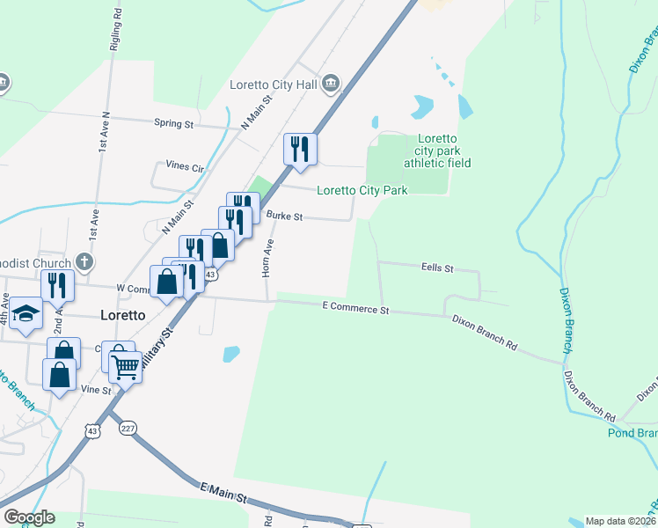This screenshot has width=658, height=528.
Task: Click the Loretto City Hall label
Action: (x=273, y=84)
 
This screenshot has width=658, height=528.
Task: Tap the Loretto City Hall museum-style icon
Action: (x=331, y=84)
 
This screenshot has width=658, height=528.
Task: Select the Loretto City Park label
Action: (x=362, y=190)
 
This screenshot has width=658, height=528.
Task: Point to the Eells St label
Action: (x=436, y=267)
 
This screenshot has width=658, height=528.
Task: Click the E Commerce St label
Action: (x=355, y=310)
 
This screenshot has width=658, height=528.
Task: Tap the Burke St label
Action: (x=284, y=216)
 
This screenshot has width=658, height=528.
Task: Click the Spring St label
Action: (x=173, y=124)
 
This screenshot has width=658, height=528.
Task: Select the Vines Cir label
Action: (x=185, y=166)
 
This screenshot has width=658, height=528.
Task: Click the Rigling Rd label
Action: (x=116, y=31)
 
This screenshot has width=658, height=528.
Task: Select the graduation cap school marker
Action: (x=26, y=315)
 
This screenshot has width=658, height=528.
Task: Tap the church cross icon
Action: (x=84, y=261)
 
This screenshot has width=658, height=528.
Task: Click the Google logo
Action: (x=28, y=517)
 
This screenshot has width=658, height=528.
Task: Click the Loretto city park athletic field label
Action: (x=437, y=150)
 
